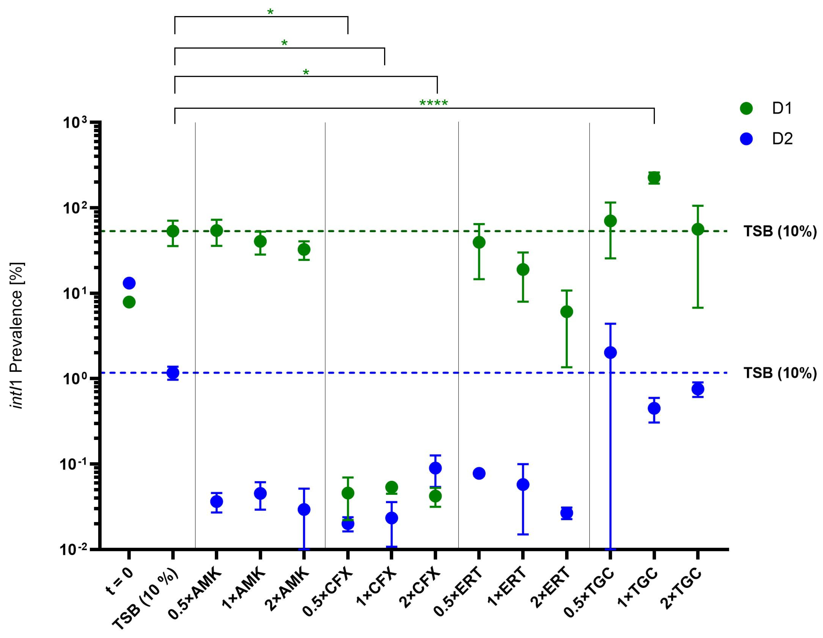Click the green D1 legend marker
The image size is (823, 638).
[746, 108]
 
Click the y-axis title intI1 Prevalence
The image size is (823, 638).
[17, 335]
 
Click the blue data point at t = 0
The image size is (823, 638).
[129, 283]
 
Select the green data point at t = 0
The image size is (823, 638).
[129, 302]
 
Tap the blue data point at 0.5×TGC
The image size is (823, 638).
[610, 353]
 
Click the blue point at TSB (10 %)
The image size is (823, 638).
[173, 373]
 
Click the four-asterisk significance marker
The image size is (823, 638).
[433, 103]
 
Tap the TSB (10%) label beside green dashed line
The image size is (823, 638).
[780, 231]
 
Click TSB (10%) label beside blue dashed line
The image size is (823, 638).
[780, 373]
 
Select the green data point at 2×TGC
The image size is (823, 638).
[698, 229]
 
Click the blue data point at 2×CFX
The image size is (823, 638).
[435, 468]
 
